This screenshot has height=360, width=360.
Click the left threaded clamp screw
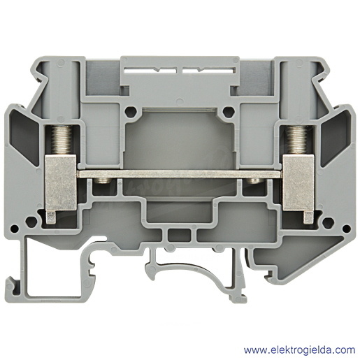[61, 140]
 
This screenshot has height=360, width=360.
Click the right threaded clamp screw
[296, 140]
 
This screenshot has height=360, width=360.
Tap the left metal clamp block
[61, 182]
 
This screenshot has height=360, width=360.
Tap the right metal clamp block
[298, 182]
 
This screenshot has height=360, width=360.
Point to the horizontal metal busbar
[180, 174]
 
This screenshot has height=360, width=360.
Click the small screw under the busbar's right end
[254, 180]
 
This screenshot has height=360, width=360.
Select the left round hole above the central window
[131, 112]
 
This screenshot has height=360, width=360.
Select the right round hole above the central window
[229, 112]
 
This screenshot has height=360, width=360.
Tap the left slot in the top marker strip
[150, 70]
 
